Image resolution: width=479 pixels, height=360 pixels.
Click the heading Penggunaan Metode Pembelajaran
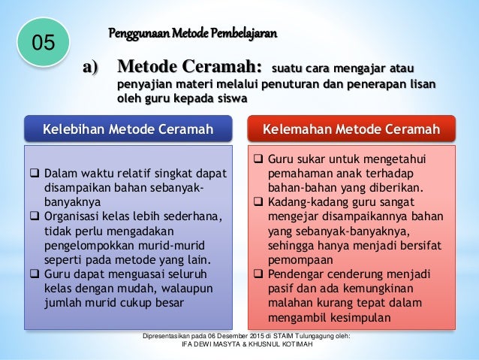(193, 33)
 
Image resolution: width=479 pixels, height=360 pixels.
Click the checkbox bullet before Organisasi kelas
(32, 217)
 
